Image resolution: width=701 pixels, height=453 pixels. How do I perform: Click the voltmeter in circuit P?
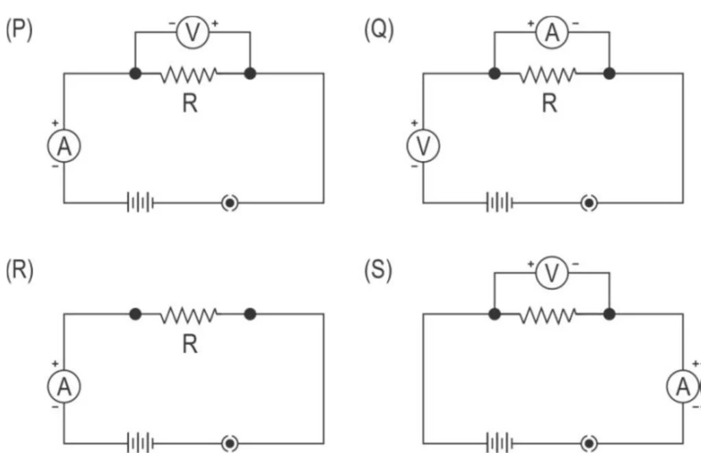192,33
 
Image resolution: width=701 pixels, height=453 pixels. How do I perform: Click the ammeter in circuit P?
64,147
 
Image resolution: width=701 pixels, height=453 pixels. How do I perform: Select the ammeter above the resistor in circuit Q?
552,33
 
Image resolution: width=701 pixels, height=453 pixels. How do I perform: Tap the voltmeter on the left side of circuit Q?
423,147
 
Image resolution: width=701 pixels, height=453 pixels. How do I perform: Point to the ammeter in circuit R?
64,388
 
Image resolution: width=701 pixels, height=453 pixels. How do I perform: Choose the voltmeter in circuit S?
552,274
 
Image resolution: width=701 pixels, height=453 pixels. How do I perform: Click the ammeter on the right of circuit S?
683,388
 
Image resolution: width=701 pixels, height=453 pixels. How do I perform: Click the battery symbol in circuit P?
140,203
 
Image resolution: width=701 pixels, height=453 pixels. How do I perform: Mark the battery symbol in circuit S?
500,444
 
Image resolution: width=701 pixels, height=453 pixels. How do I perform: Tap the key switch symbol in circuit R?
230,444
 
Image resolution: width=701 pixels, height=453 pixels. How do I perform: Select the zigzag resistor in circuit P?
190,73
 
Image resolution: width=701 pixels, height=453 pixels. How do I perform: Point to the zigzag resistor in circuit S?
549,315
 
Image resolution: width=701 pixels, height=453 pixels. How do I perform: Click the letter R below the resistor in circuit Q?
549,103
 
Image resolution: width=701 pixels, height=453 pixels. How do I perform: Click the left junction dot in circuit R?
136,315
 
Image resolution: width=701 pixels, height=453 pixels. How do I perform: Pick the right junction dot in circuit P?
250,73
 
